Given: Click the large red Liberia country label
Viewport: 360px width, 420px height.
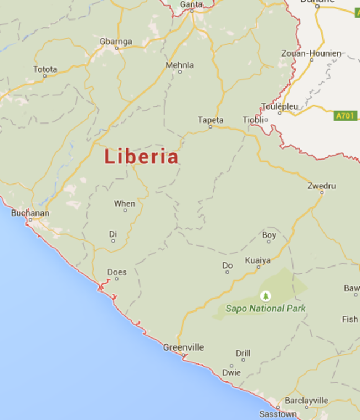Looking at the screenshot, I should [x=141, y=157].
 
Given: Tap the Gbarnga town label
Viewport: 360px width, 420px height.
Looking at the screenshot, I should [x=116, y=41].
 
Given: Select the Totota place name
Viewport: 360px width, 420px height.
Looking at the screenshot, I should [x=45, y=69].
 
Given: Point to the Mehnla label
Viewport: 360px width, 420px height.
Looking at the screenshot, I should [x=180, y=65].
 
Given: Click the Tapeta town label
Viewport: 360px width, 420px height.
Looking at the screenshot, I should [x=210, y=120].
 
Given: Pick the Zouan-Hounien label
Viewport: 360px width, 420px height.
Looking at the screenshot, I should [x=318, y=53].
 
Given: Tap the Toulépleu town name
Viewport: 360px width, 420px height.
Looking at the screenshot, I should [x=280, y=106].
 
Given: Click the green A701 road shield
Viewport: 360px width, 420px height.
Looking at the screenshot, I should [x=346, y=116].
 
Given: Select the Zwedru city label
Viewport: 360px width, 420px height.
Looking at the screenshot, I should [x=322, y=186].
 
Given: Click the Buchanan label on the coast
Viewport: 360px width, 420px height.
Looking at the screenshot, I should [x=30, y=213].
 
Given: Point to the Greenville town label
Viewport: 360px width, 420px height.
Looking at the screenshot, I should [x=183, y=347].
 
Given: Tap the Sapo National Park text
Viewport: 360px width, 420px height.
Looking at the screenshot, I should [x=265, y=308].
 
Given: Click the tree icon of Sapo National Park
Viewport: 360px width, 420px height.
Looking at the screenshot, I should [x=266, y=296].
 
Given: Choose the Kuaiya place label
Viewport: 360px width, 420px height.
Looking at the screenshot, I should [x=258, y=260].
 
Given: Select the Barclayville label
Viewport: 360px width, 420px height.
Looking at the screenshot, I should [x=306, y=401].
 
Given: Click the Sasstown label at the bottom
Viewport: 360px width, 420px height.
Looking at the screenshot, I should [x=278, y=414].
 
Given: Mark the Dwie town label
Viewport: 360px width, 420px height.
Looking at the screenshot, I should [x=232, y=372].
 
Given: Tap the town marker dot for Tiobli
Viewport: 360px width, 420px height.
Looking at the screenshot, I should [x=266, y=120].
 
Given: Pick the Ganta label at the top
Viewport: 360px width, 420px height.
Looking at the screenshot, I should [x=191, y=4].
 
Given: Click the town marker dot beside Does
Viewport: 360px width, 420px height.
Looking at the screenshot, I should [x=117, y=279].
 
